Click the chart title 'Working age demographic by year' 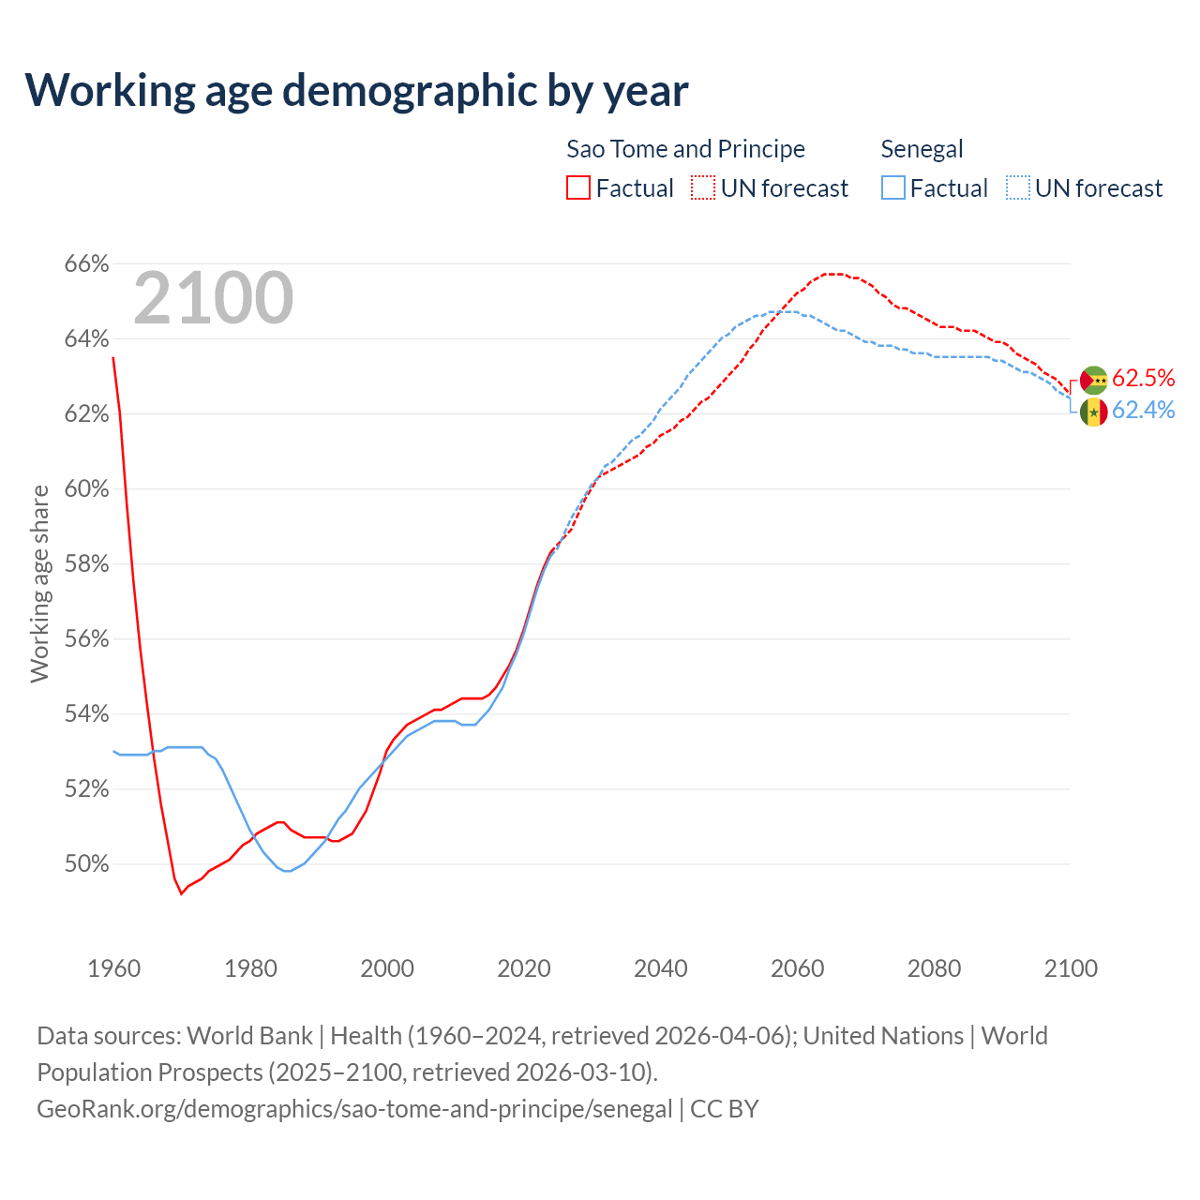pyautogui.click(x=356, y=90)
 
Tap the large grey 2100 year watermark pyautogui.click(x=214, y=298)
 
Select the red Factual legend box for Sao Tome pyautogui.click(x=578, y=188)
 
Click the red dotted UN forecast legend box pyautogui.click(x=703, y=188)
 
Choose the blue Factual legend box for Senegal pyautogui.click(x=893, y=188)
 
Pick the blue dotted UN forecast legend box pyautogui.click(x=1018, y=188)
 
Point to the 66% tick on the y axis pyautogui.click(x=86, y=264)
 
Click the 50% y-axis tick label pyautogui.click(x=86, y=864)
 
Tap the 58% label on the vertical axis pyautogui.click(x=86, y=564)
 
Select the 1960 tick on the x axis pyautogui.click(x=113, y=968)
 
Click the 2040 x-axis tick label pyautogui.click(x=661, y=968)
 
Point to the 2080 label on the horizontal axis pyautogui.click(x=934, y=968)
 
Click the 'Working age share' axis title pyautogui.click(x=39, y=583)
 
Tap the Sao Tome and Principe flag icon pyautogui.click(x=1094, y=380)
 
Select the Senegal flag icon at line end pyautogui.click(x=1094, y=412)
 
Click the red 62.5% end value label pyautogui.click(x=1144, y=378)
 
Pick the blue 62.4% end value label pyautogui.click(x=1144, y=411)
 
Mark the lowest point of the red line pyautogui.click(x=182, y=893)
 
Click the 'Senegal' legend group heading pyautogui.click(x=922, y=149)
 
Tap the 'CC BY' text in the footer pyautogui.click(x=724, y=1109)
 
